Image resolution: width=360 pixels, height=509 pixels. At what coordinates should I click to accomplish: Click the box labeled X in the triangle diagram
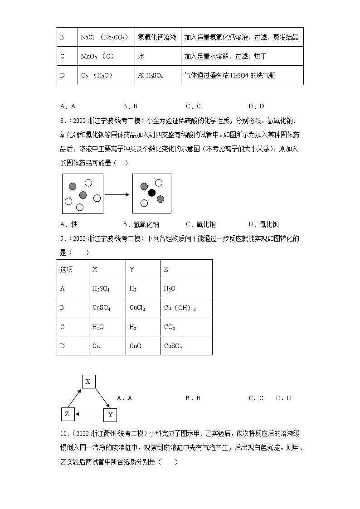click(88, 382)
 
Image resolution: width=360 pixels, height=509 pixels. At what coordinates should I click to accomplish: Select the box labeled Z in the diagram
click(67, 414)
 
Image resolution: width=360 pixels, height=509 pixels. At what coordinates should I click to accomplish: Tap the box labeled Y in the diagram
click(110, 414)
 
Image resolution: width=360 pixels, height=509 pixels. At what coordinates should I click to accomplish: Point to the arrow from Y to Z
click(89, 414)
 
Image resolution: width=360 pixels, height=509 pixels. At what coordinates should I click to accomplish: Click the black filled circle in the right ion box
click(152, 193)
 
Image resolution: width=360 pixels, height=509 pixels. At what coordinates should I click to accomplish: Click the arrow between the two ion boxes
click(117, 194)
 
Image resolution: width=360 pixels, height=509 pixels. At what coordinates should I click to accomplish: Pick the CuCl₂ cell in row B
click(137, 308)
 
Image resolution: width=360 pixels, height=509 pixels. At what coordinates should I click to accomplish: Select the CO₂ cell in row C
click(170, 327)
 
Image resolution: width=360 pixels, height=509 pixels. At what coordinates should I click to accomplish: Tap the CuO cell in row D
click(135, 346)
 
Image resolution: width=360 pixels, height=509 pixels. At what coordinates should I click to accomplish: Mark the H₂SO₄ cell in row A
click(101, 288)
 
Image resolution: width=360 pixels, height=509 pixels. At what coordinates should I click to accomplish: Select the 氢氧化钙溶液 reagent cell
click(157, 37)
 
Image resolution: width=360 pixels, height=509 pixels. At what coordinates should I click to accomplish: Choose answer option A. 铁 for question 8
click(69, 224)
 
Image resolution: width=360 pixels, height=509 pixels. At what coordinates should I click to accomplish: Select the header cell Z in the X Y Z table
click(166, 269)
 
